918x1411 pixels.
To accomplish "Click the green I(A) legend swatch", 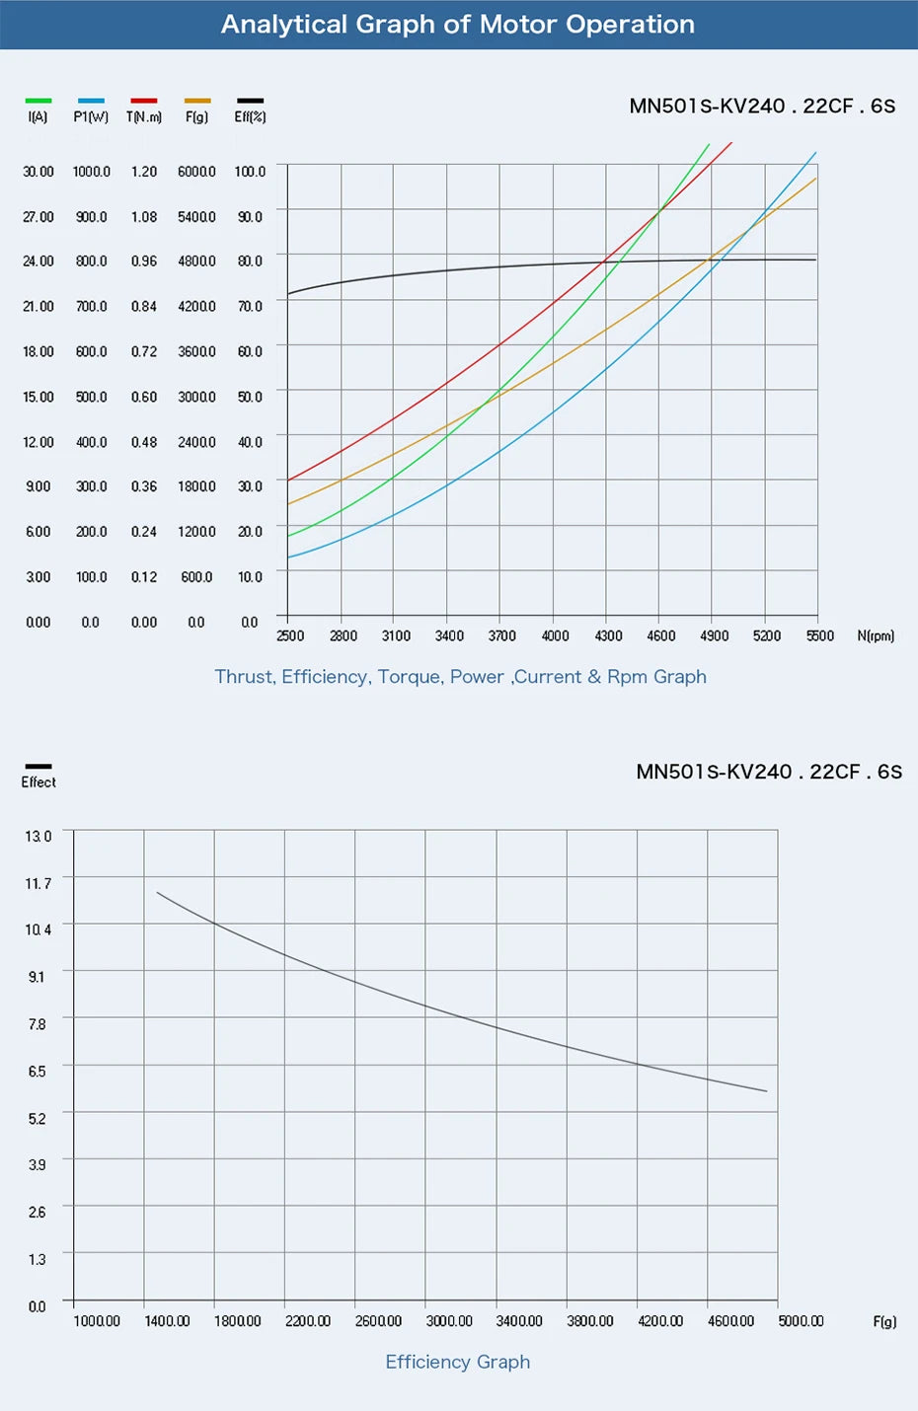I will [38, 101].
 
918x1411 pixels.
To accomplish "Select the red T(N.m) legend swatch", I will [144, 101].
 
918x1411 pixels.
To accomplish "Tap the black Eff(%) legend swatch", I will [250, 101].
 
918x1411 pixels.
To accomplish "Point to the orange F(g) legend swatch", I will [197, 101].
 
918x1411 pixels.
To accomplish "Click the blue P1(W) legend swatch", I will [91, 101].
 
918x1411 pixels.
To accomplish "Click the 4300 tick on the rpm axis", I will [608, 636].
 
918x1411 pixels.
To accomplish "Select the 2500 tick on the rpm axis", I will [290, 636].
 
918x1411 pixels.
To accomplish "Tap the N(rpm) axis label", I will [876, 636].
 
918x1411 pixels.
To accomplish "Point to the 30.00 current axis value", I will [38, 172].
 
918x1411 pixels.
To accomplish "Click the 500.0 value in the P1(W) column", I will [92, 397].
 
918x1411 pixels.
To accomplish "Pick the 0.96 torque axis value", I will [144, 261].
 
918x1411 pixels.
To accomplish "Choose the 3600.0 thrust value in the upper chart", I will [196, 351].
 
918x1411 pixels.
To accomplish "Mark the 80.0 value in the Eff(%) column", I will [250, 261].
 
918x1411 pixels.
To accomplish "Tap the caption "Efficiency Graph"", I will [458, 1362].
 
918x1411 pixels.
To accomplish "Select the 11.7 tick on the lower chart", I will [38, 883].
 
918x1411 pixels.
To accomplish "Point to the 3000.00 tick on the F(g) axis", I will [449, 1321].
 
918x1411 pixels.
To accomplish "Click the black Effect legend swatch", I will [38, 766].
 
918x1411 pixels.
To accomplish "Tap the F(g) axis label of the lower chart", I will [884, 1322].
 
